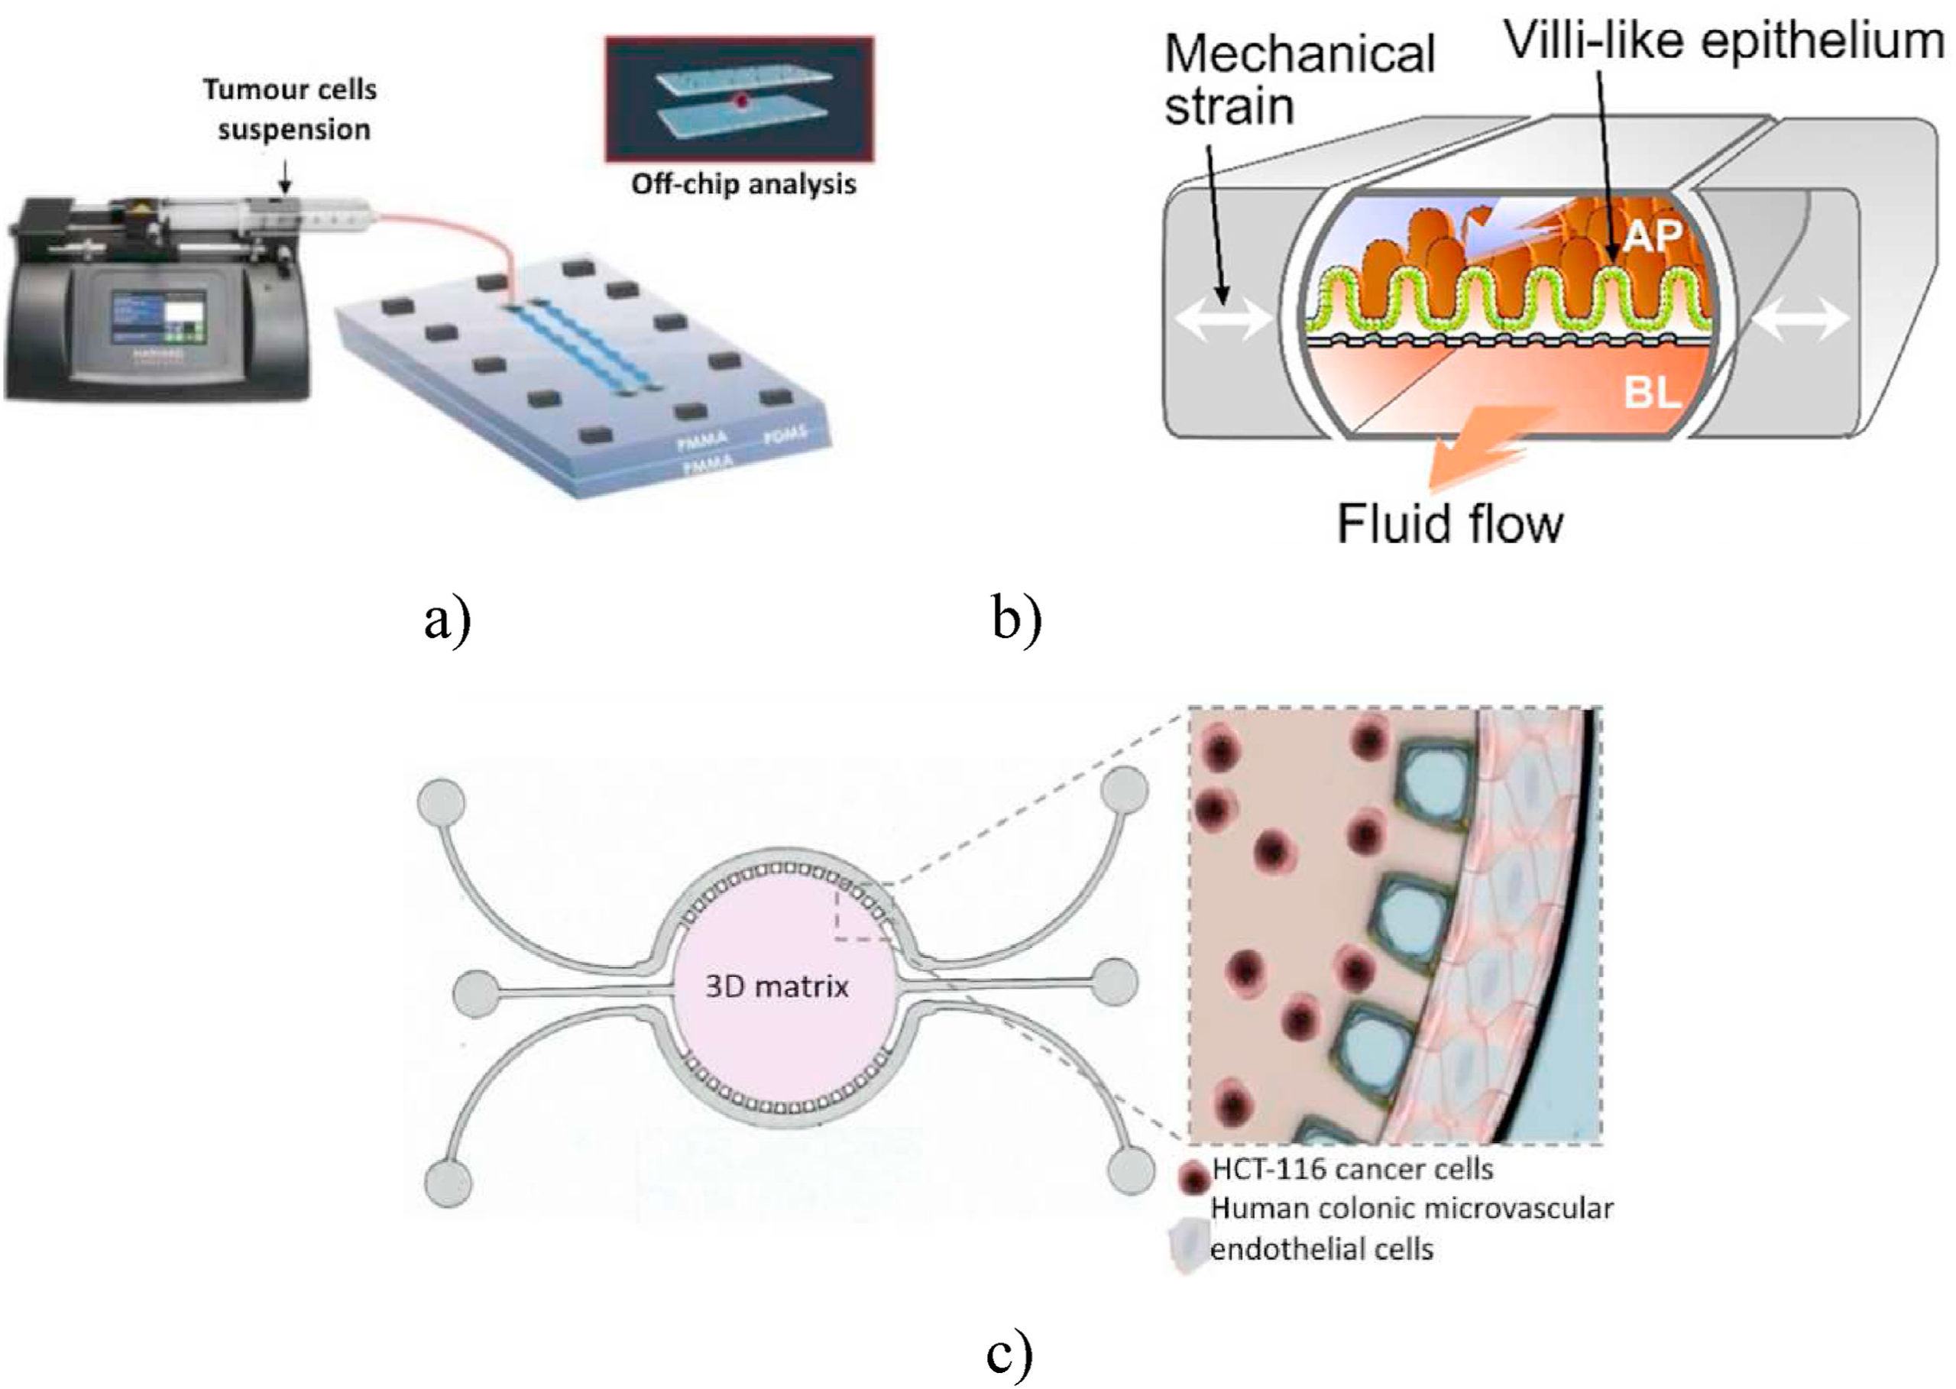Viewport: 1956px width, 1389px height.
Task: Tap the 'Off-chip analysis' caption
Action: point(743,184)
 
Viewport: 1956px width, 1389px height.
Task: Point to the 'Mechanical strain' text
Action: point(1298,79)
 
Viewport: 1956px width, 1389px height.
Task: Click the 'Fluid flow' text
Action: point(1450,523)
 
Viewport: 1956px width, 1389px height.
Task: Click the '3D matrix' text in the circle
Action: point(776,987)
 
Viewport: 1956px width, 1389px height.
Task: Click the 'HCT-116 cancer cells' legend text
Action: point(1352,1169)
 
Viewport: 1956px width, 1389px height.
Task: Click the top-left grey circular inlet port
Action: point(442,802)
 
